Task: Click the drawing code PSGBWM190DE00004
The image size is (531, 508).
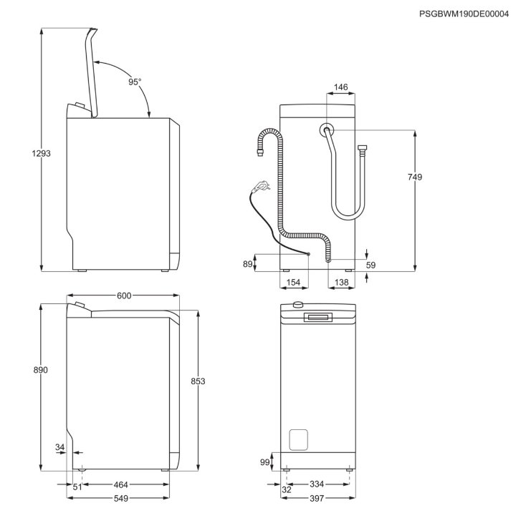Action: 464,14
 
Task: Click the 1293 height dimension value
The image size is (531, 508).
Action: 42,154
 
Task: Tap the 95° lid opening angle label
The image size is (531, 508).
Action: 135,82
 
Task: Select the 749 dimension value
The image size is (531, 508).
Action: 415,177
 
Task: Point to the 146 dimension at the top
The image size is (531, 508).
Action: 340,87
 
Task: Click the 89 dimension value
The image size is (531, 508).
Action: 248,264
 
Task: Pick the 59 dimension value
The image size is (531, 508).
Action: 370,265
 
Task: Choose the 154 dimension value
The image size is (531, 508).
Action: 293,283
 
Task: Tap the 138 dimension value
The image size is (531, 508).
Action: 341,283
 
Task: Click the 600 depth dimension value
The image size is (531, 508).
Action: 124,296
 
